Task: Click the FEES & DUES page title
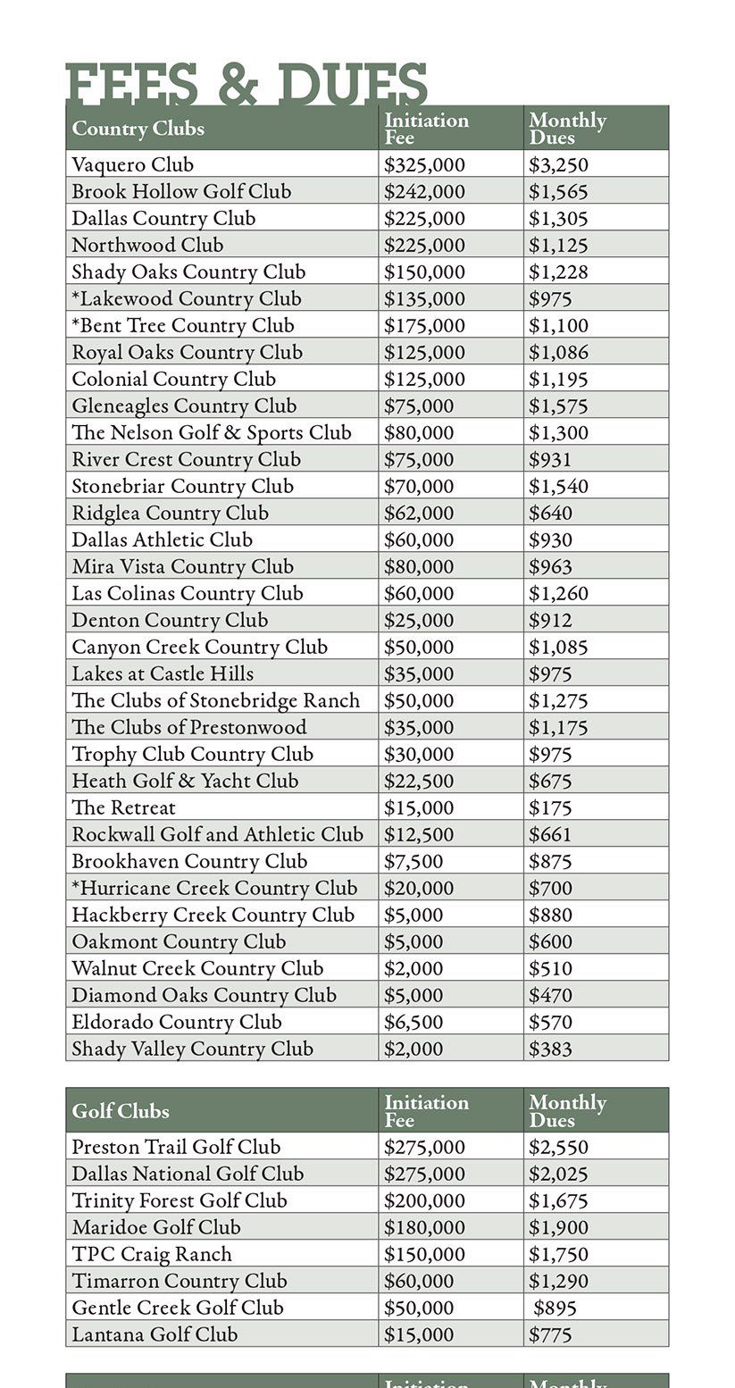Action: coord(246,84)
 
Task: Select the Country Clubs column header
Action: coord(138,129)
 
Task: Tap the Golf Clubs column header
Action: coord(121,1111)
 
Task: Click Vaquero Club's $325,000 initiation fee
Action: coord(424,164)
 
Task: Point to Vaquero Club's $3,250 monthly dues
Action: coord(558,164)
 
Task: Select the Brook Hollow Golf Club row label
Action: coord(181,191)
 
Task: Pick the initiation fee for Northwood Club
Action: coord(424,245)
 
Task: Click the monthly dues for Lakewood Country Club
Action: coord(550,298)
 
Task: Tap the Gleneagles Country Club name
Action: coord(184,406)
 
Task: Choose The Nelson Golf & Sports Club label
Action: coord(212,432)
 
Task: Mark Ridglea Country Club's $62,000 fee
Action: coord(419,513)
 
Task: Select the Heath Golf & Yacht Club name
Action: coord(185,781)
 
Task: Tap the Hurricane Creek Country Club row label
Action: coord(214,888)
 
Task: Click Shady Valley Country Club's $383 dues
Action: coord(550,1049)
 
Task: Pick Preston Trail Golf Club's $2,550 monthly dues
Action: coord(558,1147)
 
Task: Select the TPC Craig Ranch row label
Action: coord(152,1254)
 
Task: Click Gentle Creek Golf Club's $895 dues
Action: coord(555,1308)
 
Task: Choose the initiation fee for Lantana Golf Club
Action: coord(419,1334)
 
